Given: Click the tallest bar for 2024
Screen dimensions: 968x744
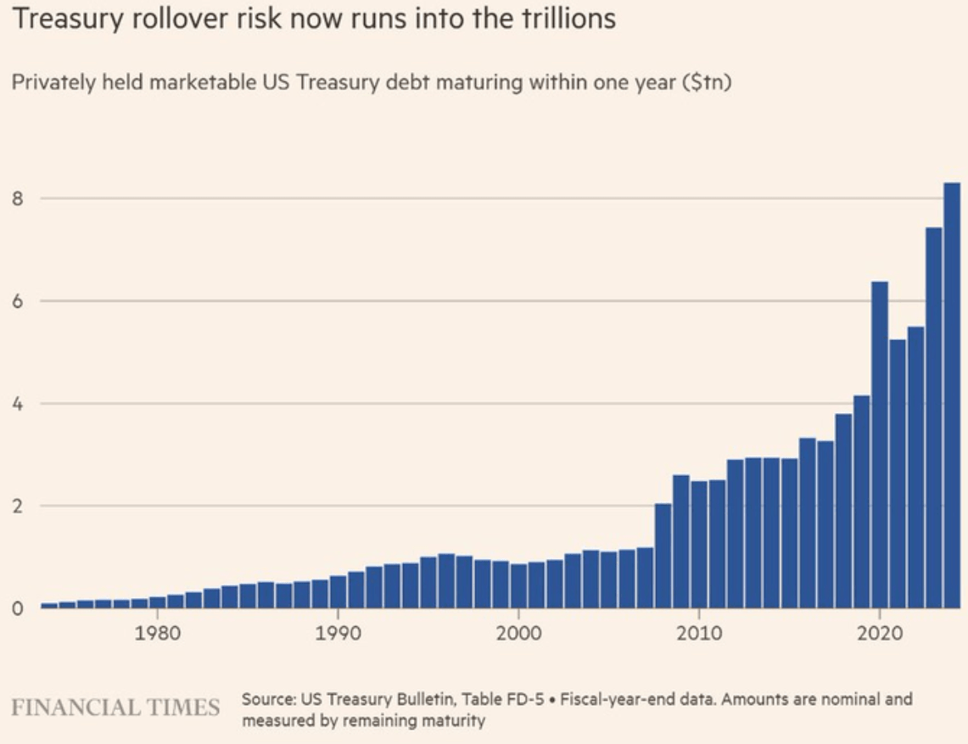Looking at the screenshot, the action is tap(952, 395).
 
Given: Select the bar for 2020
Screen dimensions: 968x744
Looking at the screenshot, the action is tap(880, 445).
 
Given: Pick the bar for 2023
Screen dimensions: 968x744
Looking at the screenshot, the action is tap(934, 417).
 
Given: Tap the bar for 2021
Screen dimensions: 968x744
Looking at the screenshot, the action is tap(898, 473).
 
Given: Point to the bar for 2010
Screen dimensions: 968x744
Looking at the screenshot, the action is tap(699, 545).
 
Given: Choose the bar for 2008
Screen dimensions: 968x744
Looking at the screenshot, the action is tap(663, 556).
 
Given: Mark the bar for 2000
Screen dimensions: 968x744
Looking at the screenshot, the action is tap(518, 586).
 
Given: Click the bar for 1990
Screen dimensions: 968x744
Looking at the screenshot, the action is tap(339, 592).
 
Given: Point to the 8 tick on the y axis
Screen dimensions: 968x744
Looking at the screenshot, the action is tap(17, 199).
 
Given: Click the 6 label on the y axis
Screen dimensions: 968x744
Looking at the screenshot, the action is tap(17, 300).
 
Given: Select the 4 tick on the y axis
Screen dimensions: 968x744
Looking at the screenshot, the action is tap(17, 404).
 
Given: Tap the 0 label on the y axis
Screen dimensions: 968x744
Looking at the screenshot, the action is tap(17, 609).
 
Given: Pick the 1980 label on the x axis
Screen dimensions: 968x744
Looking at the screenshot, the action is tap(158, 633).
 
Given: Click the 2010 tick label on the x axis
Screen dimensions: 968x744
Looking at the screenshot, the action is tap(699, 633).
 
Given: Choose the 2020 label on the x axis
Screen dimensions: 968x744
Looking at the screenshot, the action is tap(880, 633).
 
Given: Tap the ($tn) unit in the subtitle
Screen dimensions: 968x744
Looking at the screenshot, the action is tap(707, 82).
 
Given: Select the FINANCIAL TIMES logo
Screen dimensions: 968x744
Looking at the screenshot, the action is tap(115, 708).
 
